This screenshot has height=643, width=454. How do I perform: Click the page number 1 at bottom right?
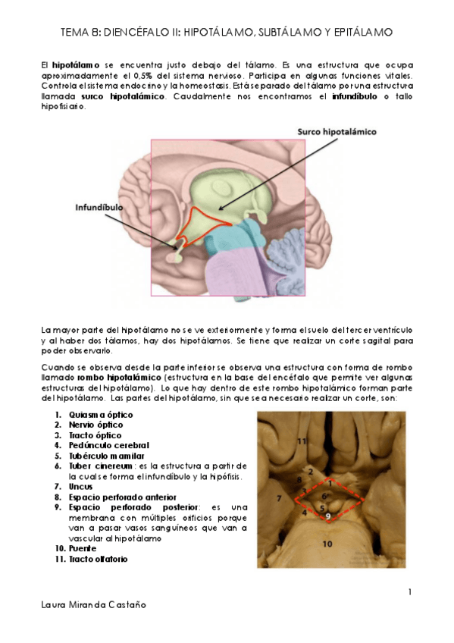coord(409,591)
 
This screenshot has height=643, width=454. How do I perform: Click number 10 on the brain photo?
coord(327,544)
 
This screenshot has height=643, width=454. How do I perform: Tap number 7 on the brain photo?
coord(279,497)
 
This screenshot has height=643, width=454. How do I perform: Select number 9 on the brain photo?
coord(327,517)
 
